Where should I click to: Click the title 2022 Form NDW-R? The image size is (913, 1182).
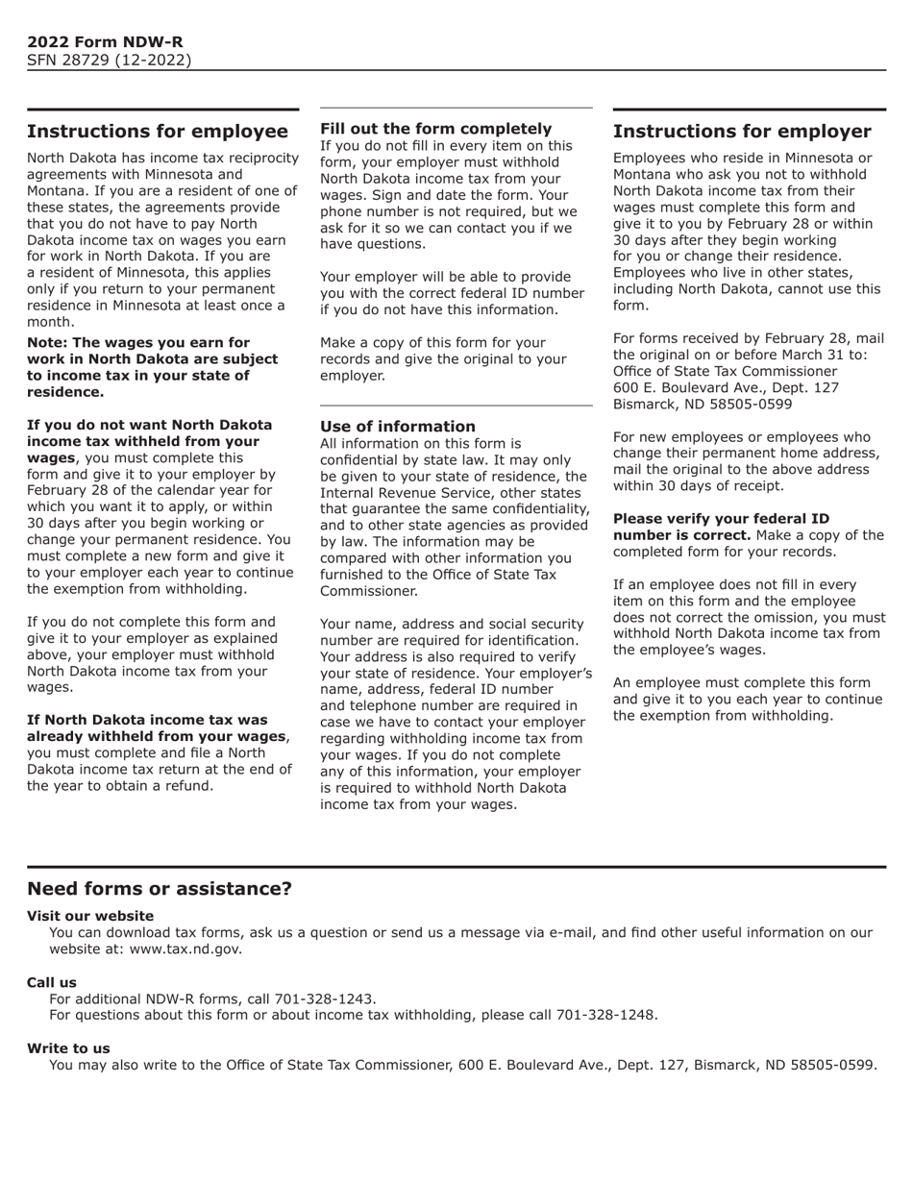(x=105, y=42)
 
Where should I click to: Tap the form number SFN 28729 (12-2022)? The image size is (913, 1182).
(x=109, y=61)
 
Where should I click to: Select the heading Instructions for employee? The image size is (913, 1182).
(x=158, y=132)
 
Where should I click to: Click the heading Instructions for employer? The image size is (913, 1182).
(x=742, y=132)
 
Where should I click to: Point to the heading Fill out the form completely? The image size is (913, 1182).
(x=436, y=129)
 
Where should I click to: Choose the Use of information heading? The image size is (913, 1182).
(x=398, y=427)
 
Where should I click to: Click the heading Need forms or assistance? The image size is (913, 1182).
(x=160, y=889)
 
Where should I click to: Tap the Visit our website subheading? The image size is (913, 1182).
(x=90, y=916)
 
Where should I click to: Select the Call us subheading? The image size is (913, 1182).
(x=52, y=982)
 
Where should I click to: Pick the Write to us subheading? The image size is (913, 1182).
(x=68, y=1048)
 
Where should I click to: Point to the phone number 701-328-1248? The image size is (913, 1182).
(x=606, y=1015)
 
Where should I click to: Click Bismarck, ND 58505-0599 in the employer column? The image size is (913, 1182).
(x=703, y=404)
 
